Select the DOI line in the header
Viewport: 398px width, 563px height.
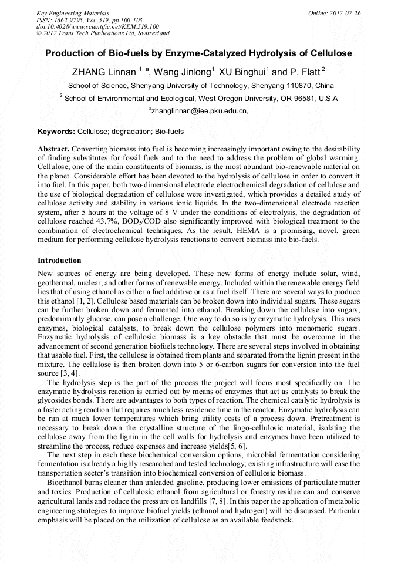97,26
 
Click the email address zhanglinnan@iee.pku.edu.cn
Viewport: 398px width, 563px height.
200,110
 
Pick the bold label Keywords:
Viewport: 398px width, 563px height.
56,132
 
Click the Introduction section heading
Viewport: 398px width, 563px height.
59,260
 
